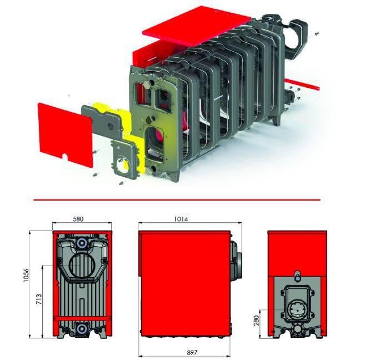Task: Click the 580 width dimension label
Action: [78, 219]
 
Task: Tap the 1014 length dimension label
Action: [181, 219]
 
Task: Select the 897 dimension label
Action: [192, 353]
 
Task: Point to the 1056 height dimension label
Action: [26, 276]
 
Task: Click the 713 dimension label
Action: [39, 299]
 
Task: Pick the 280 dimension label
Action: [257, 321]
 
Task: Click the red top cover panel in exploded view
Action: [197, 26]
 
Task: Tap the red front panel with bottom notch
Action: [66, 134]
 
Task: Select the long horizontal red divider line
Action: [177, 199]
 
